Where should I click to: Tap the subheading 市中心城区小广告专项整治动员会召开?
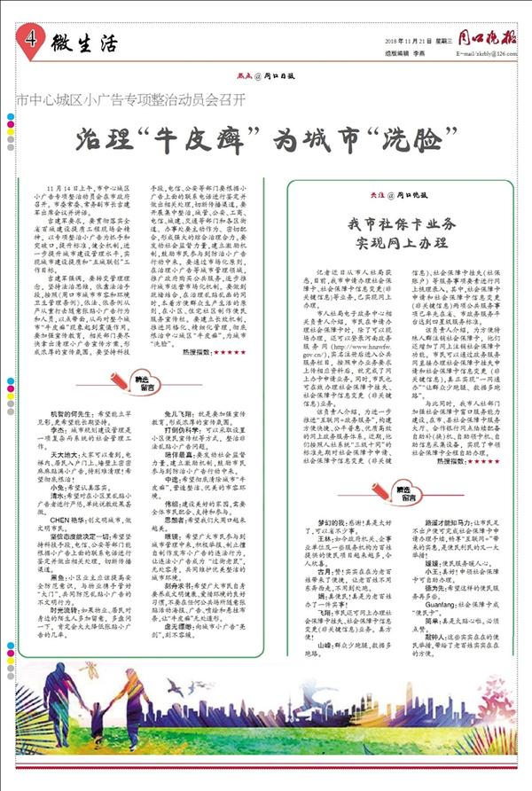[x=132, y=95]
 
